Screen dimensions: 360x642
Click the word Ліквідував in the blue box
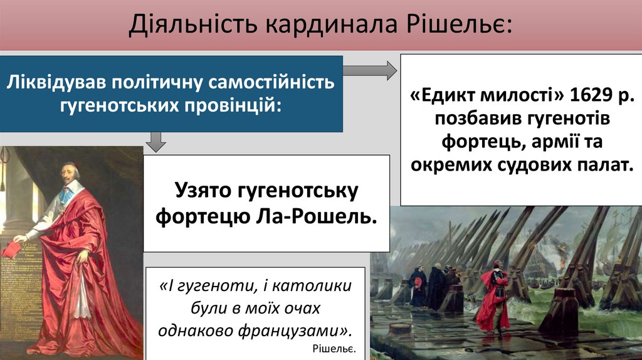pos(48,82)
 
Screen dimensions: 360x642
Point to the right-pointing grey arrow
pos(370,69)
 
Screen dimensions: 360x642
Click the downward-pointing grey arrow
pos(155,142)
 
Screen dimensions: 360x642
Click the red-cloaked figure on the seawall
pos(493,295)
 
